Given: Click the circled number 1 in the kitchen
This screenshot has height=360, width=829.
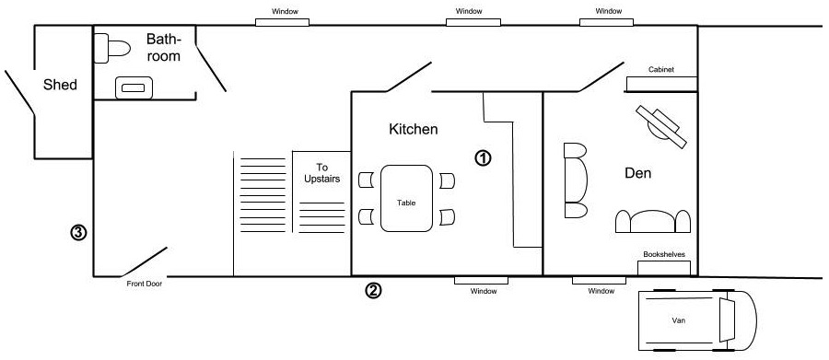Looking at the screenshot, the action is click(483, 158).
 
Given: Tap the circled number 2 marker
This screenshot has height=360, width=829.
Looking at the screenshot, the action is click(373, 290).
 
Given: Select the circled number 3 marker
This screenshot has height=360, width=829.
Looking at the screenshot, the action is click(78, 232).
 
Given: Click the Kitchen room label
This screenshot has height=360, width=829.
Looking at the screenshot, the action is click(414, 129).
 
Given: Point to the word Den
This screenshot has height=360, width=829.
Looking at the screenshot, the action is click(637, 173).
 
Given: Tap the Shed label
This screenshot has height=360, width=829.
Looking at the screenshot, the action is click(60, 85).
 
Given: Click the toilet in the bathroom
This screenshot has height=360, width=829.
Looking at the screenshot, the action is click(112, 49).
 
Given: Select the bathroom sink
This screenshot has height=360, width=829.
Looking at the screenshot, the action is click(134, 87).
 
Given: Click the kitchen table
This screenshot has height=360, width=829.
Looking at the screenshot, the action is click(406, 198).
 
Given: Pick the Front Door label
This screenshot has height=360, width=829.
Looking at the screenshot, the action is click(145, 284).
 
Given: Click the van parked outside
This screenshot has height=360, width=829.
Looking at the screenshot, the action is click(697, 319).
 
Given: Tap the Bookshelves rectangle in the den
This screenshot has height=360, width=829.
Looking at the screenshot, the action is click(664, 268).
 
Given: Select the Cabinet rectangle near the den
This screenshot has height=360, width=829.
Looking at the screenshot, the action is click(662, 84).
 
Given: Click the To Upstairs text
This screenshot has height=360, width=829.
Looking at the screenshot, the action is click(322, 173).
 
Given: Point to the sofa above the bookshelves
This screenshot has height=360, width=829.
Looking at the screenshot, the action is click(653, 222).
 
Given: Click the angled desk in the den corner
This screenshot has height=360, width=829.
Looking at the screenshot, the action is click(661, 127).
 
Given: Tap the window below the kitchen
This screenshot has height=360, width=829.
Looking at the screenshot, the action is click(481, 280).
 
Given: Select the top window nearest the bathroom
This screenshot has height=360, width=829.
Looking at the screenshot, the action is click(283, 22).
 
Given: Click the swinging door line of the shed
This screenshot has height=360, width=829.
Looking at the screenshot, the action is click(20, 92).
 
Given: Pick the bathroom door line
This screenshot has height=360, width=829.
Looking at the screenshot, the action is click(211, 68).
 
